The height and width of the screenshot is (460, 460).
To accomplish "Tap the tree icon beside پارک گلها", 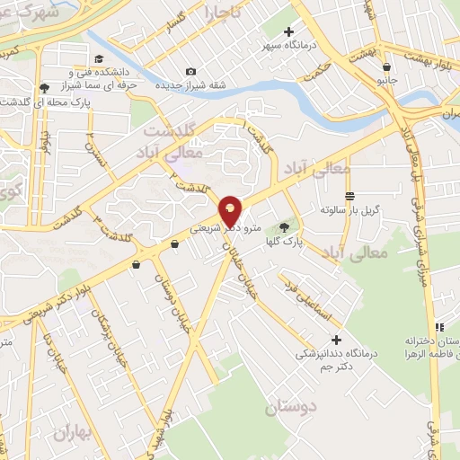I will [285, 227].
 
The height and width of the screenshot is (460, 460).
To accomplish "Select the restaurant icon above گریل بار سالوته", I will [349, 196].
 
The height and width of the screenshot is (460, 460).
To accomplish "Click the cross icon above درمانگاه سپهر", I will [287, 32].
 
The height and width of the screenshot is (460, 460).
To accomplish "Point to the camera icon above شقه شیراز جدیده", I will [190, 72].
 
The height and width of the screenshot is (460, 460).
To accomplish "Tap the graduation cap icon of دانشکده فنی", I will [71, 71].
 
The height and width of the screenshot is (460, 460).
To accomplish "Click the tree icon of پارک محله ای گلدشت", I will [44, 88].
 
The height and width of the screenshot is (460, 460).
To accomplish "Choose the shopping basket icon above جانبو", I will [386, 66].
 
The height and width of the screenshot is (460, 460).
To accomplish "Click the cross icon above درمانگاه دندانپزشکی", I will [337, 340].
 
